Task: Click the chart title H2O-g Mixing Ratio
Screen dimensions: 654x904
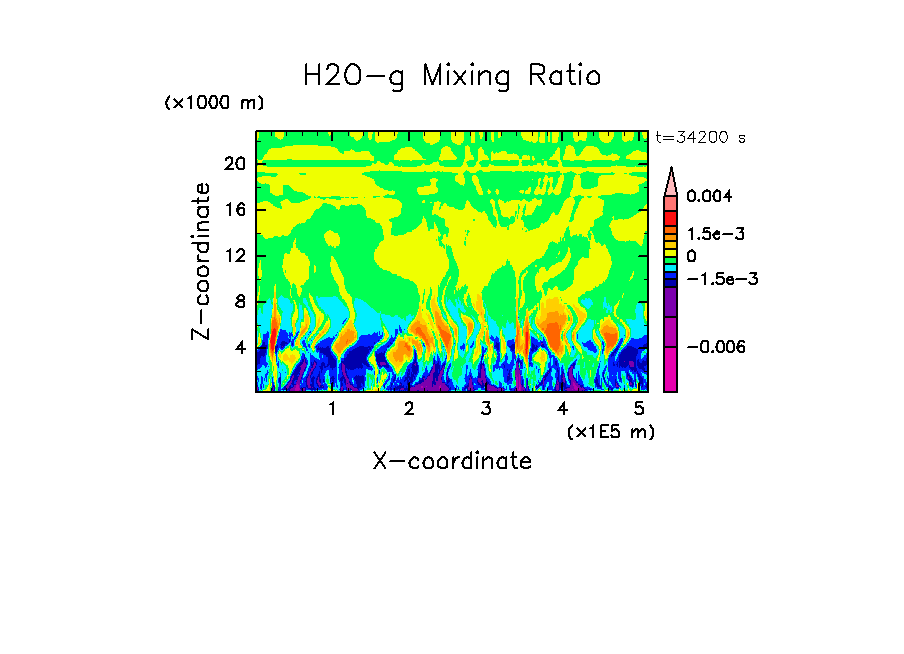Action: click(x=452, y=76)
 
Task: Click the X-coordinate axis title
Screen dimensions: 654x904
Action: click(x=452, y=461)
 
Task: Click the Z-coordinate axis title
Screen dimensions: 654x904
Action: click(x=202, y=261)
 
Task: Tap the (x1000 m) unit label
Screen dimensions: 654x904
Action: click(x=214, y=104)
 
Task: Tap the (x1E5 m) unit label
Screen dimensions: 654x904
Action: click(x=609, y=431)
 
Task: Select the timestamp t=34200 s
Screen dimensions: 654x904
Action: click(x=700, y=138)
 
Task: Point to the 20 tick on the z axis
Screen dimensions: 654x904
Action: click(x=234, y=164)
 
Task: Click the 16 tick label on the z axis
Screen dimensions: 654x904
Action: click(x=234, y=210)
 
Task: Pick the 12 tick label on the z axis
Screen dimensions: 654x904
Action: click(x=234, y=256)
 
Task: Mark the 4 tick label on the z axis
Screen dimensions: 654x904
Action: click(x=240, y=348)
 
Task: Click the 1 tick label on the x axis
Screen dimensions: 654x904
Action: click(x=332, y=409)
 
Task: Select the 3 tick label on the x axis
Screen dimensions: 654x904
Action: click(x=485, y=409)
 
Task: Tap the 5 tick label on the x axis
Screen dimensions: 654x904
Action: click(x=639, y=409)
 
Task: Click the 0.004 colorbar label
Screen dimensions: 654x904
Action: click(x=709, y=197)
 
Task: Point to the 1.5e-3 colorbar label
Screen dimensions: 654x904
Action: click(x=716, y=234)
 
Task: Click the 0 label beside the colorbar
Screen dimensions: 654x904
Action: click(x=691, y=256)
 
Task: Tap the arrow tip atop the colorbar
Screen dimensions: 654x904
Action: click(x=671, y=171)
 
